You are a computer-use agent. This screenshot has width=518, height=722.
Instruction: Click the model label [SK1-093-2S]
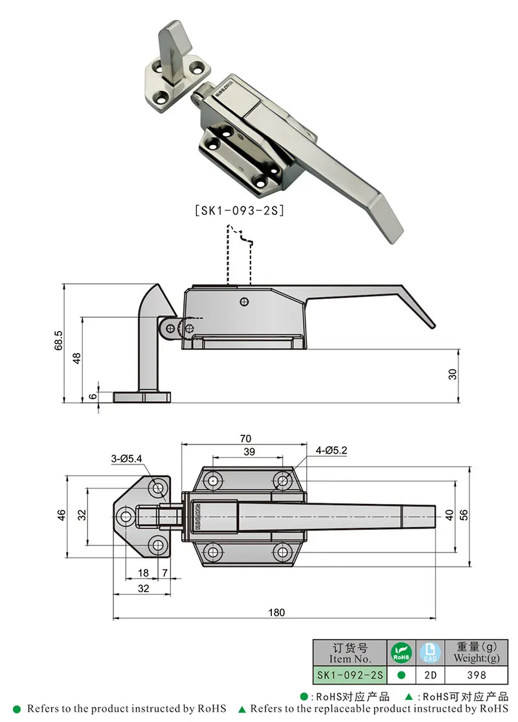click(240, 211)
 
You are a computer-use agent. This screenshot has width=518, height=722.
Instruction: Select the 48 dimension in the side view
click(76, 359)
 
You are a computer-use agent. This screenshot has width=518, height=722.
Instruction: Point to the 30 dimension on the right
click(453, 374)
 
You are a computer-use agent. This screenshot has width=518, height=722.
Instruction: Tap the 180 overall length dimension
click(276, 613)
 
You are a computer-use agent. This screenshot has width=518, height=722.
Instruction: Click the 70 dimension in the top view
click(245, 438)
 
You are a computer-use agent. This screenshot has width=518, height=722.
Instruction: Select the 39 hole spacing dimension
click(249, 452)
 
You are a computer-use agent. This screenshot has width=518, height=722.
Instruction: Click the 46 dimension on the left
click(62, 515)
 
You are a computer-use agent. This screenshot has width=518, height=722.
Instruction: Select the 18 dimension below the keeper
click(143, 573)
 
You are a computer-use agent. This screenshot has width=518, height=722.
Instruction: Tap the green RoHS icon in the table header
click(401, 652)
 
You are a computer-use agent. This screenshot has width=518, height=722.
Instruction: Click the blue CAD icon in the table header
click(430, 652)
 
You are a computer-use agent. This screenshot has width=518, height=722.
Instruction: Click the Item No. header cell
click(350, 653)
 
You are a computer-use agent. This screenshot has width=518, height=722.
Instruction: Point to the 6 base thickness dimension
click(93, 397)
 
